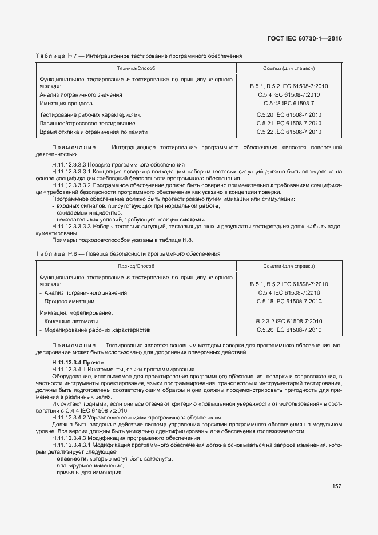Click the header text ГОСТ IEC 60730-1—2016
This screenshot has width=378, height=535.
point(309,38)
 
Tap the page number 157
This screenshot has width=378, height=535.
point(336,487)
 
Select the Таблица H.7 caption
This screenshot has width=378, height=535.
point(139,56)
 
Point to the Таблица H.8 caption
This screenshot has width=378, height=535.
point(128,253)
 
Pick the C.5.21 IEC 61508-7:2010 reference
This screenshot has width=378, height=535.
point(289,123)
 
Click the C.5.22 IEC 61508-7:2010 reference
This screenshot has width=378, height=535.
point(289,132)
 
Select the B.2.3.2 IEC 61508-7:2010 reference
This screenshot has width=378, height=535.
point(289,321)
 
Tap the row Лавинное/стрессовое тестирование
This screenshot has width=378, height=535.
point(87,123)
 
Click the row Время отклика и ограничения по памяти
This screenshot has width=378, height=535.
point(93,132)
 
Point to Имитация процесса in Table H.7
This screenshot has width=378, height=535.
point(66,104)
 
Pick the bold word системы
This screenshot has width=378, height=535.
point(192,220)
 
